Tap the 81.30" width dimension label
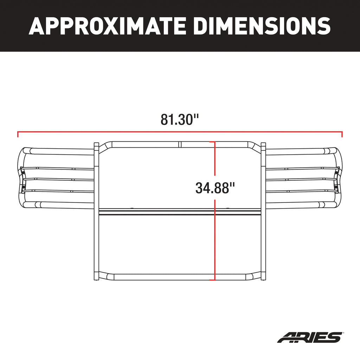(x=180, y=120)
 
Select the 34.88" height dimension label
(x=215, y=188)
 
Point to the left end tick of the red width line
(x=18, y=134)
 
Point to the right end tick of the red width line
(x=342, y=134)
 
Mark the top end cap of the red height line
(x=212, y=142)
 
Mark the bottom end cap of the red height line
(x=212, y=280)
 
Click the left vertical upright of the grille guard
(x=96, y=211)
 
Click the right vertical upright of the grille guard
(x=263, y=211)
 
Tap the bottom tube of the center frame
(x=158, y=277)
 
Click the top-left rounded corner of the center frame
(x=104, y=146)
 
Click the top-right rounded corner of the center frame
(x=255, y=146)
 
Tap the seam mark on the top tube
(x=179, y=144)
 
